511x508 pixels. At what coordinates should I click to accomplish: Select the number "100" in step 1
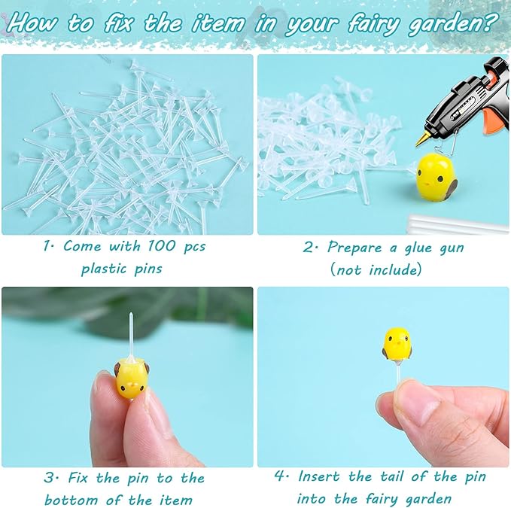[x=154, y=246]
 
